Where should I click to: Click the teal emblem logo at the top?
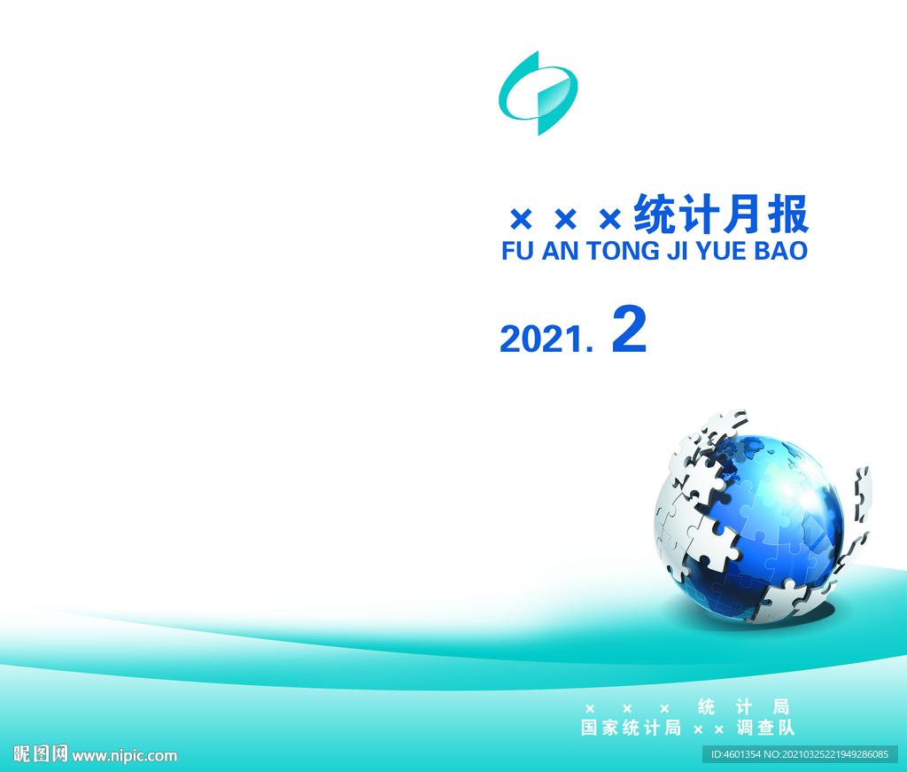(x=539, y=93)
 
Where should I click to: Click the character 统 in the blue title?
(x=655, y=214)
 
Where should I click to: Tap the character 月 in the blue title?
(x=743, y=214)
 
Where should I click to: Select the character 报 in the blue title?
(x=787, y=214)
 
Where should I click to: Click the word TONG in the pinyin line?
(x=623, y=251)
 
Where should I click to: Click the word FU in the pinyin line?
(x=517, y=251)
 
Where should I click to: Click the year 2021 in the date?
(x=541, y=339)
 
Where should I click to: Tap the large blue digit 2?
(x=630, y=329)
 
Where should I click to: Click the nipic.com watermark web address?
(x=124, y=755)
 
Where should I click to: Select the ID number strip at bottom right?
(x=800, y=754)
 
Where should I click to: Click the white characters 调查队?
(x=766, y=728)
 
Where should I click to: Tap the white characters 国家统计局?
(x=631, y=728)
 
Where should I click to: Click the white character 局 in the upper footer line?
(x=781, y=706)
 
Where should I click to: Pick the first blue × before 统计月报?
(x=521, y=219)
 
